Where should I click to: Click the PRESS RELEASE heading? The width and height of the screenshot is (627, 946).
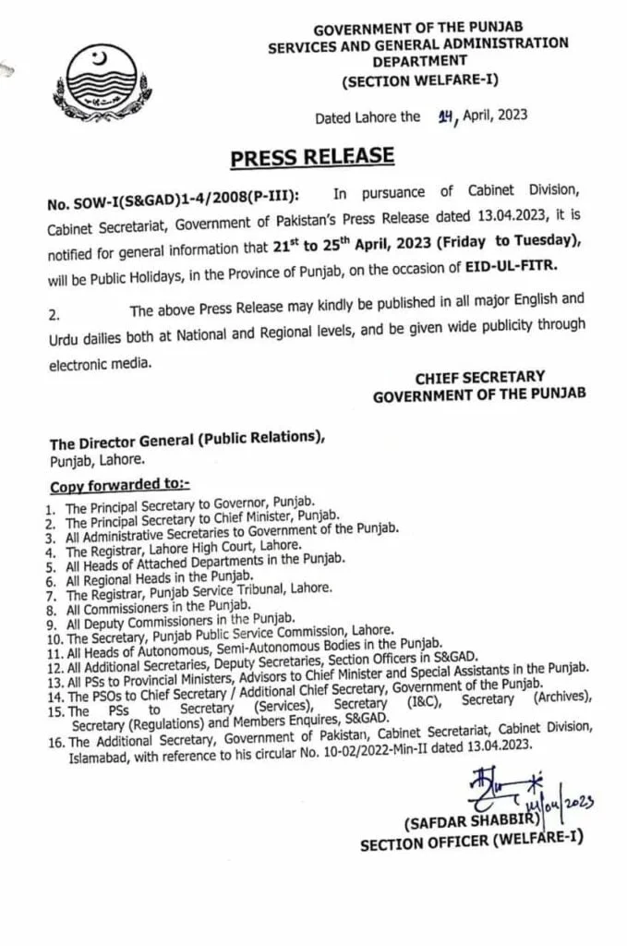click(312, 156)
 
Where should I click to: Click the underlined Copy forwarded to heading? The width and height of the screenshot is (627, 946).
click(118, 486)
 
